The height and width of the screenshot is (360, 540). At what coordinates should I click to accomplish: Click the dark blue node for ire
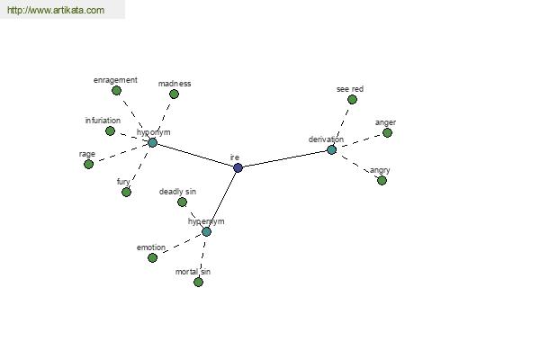point(238,167)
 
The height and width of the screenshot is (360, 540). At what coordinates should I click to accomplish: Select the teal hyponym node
point(153,142)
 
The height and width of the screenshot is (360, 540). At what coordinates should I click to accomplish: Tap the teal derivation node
point(331,150)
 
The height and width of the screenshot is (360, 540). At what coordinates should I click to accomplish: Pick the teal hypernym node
point(206,231)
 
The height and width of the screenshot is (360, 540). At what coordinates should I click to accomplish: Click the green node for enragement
point(117,91)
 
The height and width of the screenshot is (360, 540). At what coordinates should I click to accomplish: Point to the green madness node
point(175,94)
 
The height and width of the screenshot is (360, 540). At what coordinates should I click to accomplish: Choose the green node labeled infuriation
point(110,130)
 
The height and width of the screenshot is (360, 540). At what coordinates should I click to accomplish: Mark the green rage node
point(89,164)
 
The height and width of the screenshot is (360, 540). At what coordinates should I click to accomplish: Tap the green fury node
point(126,192)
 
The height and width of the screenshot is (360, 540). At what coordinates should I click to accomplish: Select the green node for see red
point(352,100)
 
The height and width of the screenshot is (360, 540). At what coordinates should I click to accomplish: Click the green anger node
point(387,132)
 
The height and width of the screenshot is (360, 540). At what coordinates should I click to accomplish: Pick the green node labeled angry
point(382,180)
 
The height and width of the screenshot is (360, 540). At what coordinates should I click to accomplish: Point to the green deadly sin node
point(182,202)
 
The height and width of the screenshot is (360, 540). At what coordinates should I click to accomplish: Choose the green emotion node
point(153,257)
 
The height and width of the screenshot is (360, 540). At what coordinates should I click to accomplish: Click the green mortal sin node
point(198,282)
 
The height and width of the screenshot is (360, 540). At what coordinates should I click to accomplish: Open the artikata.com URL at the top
point(56,10)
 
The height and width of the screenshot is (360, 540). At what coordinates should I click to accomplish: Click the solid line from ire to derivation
point(284,158)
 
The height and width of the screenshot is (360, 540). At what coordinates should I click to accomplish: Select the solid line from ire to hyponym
point(195,156)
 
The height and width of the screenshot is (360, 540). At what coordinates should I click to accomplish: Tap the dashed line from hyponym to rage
point(121,153)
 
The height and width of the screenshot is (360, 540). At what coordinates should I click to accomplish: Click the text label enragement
point(115,80)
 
